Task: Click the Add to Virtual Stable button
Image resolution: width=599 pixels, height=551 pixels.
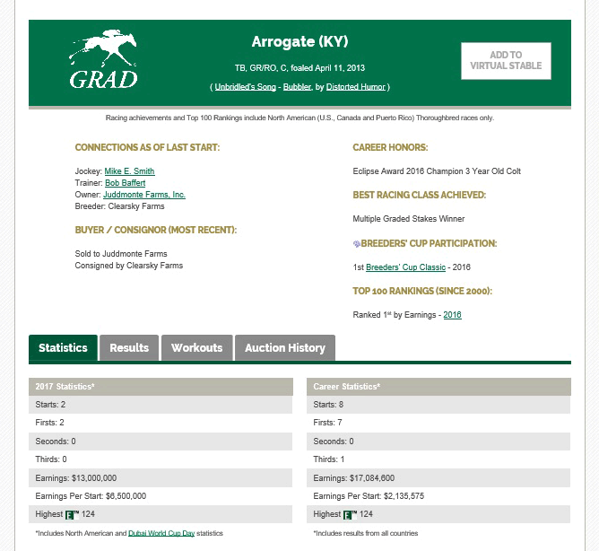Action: (506, 60)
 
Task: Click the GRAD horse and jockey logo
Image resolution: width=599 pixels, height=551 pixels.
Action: (103, 61)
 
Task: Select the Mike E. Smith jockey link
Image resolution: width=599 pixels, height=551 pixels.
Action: (129, 171)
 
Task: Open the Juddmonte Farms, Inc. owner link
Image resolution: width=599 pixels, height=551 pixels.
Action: (144, 194)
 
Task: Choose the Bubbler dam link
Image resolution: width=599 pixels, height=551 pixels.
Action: (298, 87)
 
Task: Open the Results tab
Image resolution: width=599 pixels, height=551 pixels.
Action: (129, 347)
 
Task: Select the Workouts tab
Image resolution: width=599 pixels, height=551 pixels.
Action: (196, 347)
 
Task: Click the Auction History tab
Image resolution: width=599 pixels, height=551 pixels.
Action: (284, 347)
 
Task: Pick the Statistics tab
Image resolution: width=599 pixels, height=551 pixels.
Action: (63, 347)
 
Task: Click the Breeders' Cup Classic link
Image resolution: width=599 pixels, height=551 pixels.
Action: (405, 267)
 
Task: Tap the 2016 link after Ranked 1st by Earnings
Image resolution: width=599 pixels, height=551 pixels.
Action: (452, 314)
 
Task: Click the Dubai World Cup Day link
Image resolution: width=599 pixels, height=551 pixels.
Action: (161, 533)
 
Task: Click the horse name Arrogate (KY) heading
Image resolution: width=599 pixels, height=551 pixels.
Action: (299, 42)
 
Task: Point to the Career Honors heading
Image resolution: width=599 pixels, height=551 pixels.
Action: (390, 146)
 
